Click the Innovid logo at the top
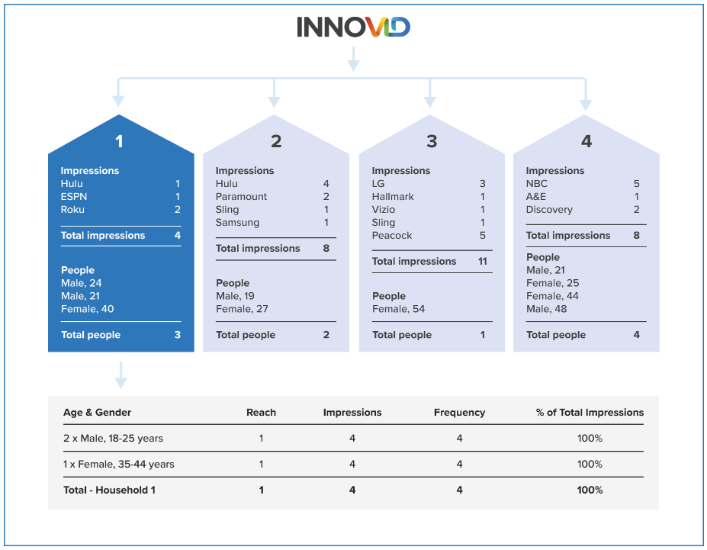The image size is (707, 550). [x=353, y=27]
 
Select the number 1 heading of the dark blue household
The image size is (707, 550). [x=119, y=141]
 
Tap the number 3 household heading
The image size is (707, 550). [x=432, y=141]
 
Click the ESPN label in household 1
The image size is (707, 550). [x=73, y=197]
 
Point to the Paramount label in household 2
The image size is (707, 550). [x=241, y=197]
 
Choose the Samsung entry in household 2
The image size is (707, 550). [x=237, y=223]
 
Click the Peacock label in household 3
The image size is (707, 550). [x=392, y=236]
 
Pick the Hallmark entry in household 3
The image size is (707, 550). [x=393, y=197]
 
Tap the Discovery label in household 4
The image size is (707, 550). [x=549, y=210]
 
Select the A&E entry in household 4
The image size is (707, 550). [x=536, y=197]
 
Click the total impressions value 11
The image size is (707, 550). [x=482, y=262]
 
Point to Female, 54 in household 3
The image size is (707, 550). [x=398, y=309]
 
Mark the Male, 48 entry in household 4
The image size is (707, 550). [x=546, y=309]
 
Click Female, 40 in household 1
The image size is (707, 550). [x=87, y=309]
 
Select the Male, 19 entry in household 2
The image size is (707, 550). [x=235, y=296]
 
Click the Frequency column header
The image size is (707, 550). [x=459, y=413]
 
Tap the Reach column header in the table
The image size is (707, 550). [x=261, y=413]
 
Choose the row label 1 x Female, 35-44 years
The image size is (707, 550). [x=118, y=465]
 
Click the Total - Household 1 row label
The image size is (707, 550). [x=109, y=490]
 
